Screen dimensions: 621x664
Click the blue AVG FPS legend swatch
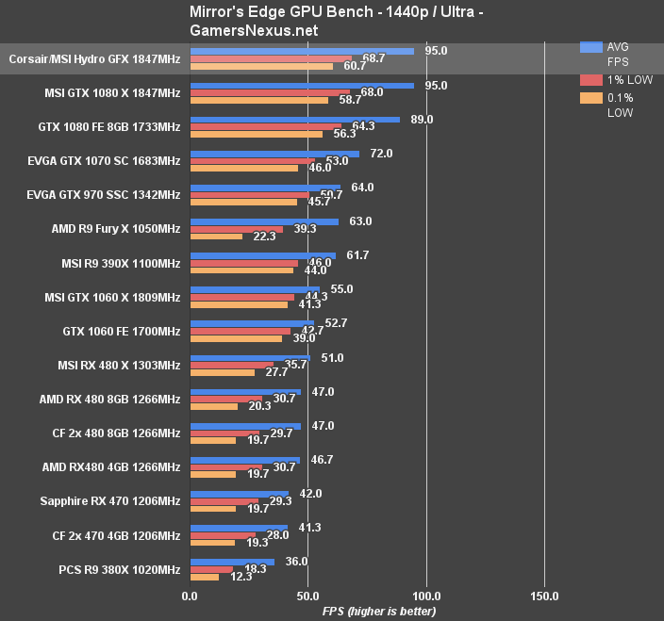[x=591, y=46]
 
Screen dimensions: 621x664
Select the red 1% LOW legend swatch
[x=591, y=79]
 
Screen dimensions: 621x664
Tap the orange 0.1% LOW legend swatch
[x=591, y=97]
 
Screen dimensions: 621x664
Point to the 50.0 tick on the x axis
[x=307, y=596]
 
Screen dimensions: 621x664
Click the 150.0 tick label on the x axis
[x=544, y=596]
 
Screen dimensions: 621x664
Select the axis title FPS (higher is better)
[x=379, y=612]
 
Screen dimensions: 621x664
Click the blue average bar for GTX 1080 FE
[x=295, y=120]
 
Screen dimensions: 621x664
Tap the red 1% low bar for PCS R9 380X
[x=211, y=569]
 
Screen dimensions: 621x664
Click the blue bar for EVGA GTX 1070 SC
[x=274, y=154]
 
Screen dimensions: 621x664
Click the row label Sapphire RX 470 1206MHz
[x=110, y=501]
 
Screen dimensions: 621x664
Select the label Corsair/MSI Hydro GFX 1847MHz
[x=94, y=59]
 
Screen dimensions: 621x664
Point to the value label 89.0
[x=422, y=120]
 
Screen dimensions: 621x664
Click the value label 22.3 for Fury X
[x=264, y=237]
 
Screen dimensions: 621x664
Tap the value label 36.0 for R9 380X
[x=296, y=562]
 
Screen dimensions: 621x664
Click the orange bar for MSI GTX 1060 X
[x=239, y=304]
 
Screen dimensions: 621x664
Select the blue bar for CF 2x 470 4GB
[x=239, y=528]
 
